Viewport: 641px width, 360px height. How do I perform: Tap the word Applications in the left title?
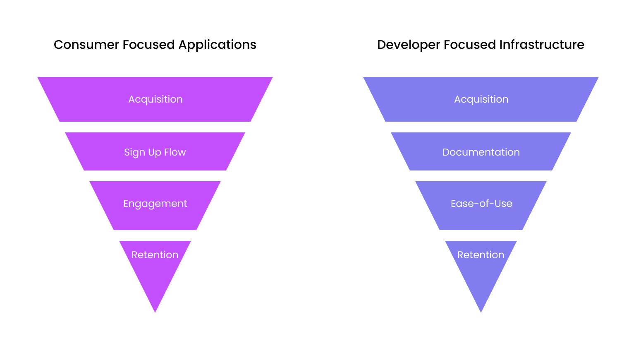pyautogui.click(x=217, y=45)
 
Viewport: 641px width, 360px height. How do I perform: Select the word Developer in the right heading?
pyautogui.click(x=408, y=45)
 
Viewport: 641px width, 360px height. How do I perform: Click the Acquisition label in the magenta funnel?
pyautogui.click(x=155, y=99)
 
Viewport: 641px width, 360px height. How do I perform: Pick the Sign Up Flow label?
pyautogui.click(x=155, y=152)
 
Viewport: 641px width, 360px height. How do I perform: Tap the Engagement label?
pyautogui.click(x=155, y=204)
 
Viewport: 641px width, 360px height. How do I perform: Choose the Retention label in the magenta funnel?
pyautogui.click(x=155, y=255)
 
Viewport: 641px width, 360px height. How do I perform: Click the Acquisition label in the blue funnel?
pyautogui.click(x=481, y=99)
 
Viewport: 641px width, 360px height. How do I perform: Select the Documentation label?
pyautogui.click(x=481, y=152)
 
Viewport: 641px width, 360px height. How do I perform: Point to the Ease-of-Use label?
pyautogui.click(x=481, y=204)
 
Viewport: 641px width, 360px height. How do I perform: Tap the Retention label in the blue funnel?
pyautogui.click(x=481, y=255)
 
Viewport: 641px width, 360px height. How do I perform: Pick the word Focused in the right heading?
pyautogui.click(x=469, y=45)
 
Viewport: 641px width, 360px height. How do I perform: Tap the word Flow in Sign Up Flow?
pyautogui.click(x=175, y=152)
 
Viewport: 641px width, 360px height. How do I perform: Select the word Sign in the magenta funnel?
pyautogui.click(x=134, y=153)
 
